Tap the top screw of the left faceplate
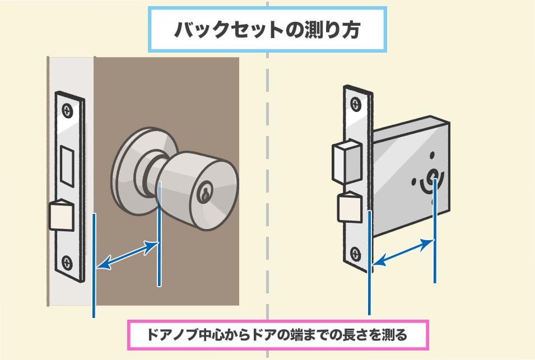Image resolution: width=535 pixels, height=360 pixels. (x=68, y=111)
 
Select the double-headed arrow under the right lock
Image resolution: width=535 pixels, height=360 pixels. (x=403, y=252)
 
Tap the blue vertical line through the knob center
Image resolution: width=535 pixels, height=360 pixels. (x=160, y=235)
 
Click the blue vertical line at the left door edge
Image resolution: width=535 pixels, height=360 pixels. (x=94, y=263)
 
